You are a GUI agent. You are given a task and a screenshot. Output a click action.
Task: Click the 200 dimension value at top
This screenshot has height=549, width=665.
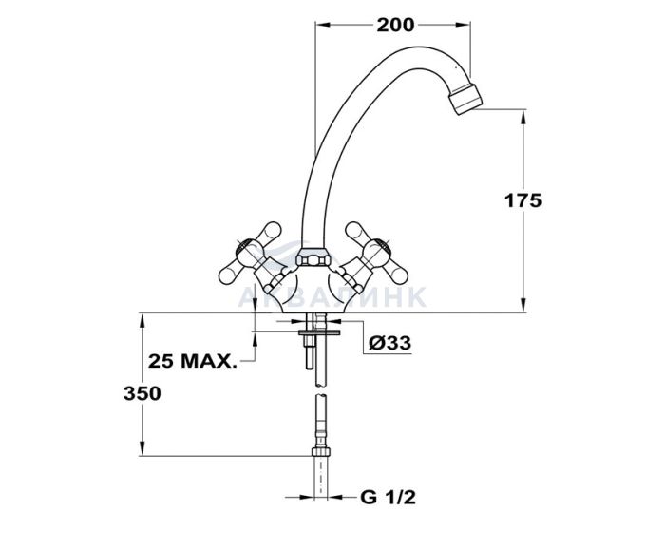395,25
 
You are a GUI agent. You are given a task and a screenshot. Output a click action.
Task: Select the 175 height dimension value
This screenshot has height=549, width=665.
522,200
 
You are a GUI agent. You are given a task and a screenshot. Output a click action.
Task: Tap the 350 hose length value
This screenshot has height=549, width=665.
142,394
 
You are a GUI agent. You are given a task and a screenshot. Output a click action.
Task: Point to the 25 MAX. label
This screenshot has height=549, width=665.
193,361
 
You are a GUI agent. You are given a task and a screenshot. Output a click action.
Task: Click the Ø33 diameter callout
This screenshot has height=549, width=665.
390,343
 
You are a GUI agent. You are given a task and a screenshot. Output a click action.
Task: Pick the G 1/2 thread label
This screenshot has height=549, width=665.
388,497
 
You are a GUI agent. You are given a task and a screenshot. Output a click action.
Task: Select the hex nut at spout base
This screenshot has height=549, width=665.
313,256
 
